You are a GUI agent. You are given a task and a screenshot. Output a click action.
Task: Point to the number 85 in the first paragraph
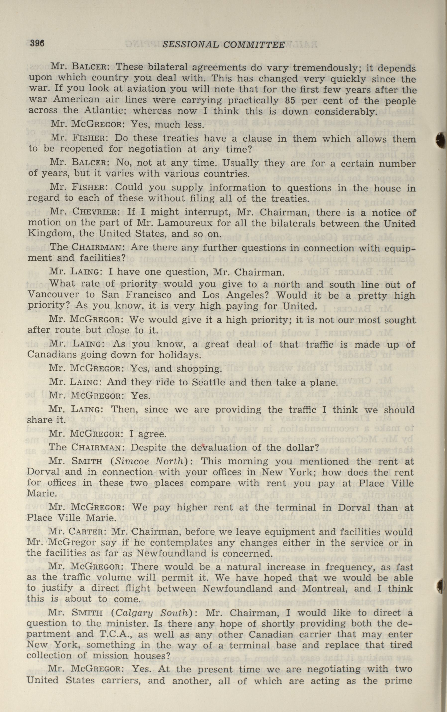pos(291,101)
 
